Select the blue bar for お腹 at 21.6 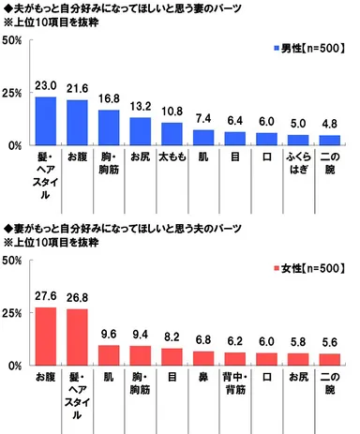point(77,124)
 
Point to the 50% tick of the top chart point(13,41)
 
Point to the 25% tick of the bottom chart point(13,313)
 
